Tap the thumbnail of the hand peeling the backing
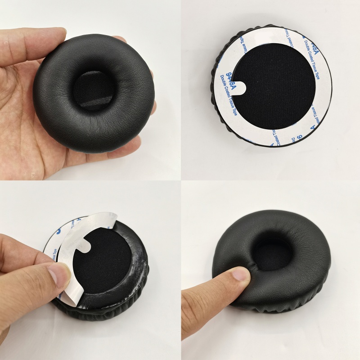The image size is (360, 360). click(x=58, y=275)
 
